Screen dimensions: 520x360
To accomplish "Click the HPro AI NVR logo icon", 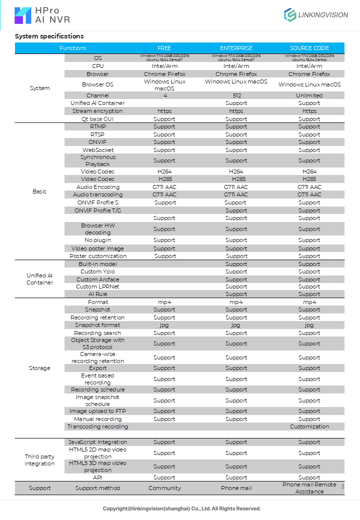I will [23, 15].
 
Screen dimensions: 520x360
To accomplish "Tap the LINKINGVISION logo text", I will [322, 15].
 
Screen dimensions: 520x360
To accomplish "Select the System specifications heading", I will [49, 36].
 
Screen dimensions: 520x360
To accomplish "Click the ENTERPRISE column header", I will [236, 48].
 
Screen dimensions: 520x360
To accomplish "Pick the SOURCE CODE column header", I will [309, 48].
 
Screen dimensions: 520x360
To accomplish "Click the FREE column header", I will [164, 48].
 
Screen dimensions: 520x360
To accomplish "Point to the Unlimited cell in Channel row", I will [309, 95].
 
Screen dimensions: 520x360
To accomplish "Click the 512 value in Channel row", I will [236, 95].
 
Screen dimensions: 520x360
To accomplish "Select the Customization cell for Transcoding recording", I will [309, 426].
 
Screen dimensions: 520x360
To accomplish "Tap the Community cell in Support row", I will [164, 488].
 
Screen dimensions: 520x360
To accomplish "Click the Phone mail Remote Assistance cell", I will [309, 488].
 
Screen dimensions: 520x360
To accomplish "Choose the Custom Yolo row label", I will [97, 271].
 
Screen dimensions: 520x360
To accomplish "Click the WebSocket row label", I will [97, 150].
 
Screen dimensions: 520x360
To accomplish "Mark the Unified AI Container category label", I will [39, 279].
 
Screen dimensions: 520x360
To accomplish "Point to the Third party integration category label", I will [39, 460].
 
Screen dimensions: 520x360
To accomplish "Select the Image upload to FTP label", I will [97, 411].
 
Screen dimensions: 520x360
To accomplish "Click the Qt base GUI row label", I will [97, 119].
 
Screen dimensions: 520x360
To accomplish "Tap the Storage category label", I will [39, 368].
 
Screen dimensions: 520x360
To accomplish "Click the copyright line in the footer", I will [181, 508].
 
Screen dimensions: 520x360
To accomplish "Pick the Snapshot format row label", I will [97, 325].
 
